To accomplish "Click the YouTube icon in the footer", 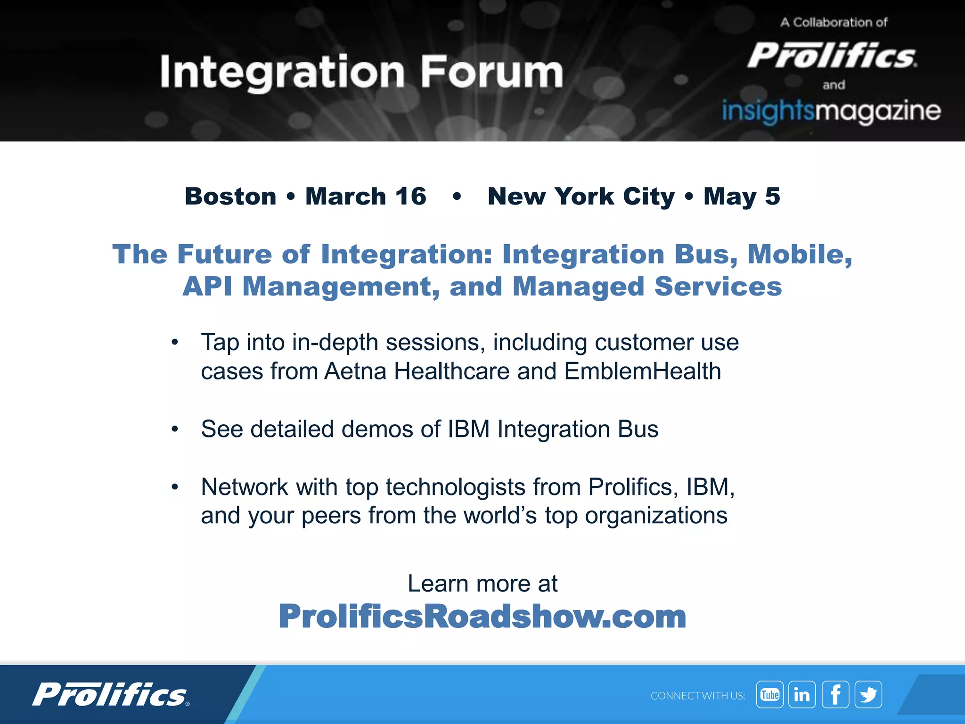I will (x=770, y=694).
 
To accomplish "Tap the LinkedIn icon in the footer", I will (x=802, y=694).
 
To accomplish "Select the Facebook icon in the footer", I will (x=835, y=694).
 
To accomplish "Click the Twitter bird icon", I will (x=868, y=694).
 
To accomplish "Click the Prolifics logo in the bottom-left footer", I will (x=111, y=694).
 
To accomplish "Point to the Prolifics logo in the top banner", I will (x=832, y=56).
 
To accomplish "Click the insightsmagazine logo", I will (x=831, y=111).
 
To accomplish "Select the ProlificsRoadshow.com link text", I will (x=482, y=616).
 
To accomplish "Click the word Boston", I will (x=230, y=196).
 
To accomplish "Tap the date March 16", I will (x=366, y=196).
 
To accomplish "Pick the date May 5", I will (x=742, y=196).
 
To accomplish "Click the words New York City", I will (x=581, y=196).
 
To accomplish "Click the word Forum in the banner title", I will (x=491, y=72).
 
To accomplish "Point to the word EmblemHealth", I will (x=642, y=371).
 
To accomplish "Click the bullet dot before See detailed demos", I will (x=175, y=429).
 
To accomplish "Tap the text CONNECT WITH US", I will (x=697, y=696).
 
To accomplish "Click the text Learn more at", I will (x=482, y=584).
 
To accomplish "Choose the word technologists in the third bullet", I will (x=455, y=487).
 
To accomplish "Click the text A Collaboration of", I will (x=834, y=22).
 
